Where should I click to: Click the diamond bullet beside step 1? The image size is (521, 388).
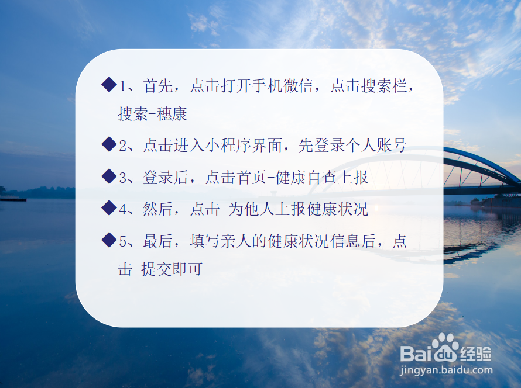click(109, 85)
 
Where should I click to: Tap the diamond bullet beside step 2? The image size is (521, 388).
click(109, 144)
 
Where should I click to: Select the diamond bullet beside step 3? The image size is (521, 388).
click(109, 176)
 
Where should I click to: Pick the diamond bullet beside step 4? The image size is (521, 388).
click(109, 207)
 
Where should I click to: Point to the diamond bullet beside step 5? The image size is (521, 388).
click(109, 240)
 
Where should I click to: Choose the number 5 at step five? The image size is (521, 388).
click(124, 241)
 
